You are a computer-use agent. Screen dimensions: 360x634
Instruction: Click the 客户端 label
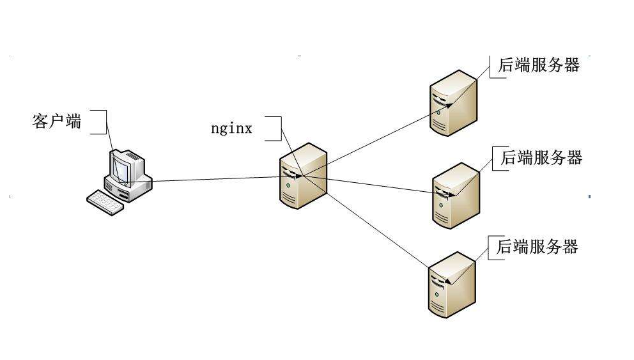pyautogui.click(x=57, y=121)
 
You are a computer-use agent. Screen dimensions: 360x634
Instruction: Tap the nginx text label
pyautogui.click(x=231, y=129)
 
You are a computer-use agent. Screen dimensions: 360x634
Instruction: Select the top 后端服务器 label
pyautogui.click(x=538, y=65)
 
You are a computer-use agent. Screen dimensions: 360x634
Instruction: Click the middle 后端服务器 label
pyautogui.click(x=541, y=158)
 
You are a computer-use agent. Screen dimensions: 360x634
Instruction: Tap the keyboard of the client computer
pyautogui.click(x=104, y=202)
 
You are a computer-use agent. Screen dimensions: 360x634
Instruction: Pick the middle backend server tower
pyautogui.click(x=456, y=194)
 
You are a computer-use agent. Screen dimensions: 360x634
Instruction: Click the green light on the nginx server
pyautogui.click(x=288, y=185)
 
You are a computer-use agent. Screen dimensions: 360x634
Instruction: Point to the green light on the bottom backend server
pyautogui.click(x=437, y=292)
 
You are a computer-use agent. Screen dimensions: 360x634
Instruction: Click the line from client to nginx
pyautogui.click(x=211, y=179)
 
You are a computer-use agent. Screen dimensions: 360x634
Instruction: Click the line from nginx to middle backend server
pyautogui.click(x=377, y=185)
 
